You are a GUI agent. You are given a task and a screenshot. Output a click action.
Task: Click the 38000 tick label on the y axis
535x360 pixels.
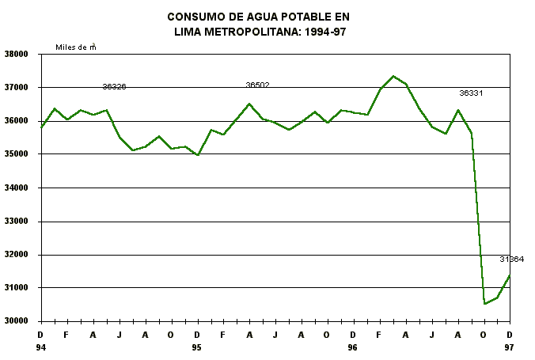click(17, 55)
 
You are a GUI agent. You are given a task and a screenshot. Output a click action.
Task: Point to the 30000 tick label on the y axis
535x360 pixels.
click(17, 321)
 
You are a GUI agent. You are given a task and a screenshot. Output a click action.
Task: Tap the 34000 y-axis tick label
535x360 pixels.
click(17, 188)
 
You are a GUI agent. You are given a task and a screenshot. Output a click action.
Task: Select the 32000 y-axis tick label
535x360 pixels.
click(17, 255)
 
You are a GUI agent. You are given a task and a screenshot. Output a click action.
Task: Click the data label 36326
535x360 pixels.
click(115, 87)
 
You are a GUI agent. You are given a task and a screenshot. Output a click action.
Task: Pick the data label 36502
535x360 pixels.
click(257, 85)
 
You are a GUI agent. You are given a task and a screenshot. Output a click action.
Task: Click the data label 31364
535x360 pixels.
click(511, 260)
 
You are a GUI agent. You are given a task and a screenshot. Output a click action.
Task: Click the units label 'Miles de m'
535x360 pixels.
click(76, 47)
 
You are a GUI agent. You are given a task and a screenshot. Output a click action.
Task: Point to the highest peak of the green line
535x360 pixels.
click(393, 76)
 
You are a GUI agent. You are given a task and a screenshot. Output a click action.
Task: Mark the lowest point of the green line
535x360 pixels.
click(484, 303)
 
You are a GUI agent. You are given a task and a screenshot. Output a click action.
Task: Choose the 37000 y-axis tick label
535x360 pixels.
click(17, 88)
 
